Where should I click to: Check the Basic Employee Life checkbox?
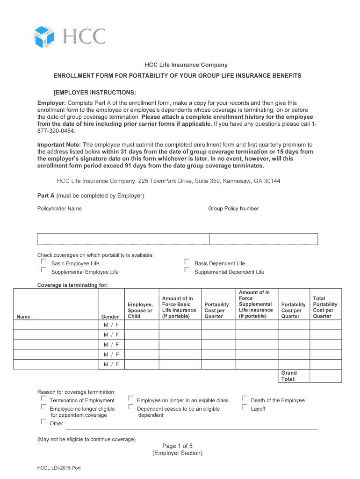click(x=43, y=262)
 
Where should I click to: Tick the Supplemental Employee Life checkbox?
click(x=43, y=270)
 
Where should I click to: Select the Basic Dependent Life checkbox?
click(x=187, y=262)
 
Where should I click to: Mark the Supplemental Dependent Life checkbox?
click(x=187, y=270)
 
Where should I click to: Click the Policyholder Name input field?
click(x=123, y=239)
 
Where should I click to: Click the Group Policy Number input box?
click(x=263, y=239)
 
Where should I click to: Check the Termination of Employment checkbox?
click(x=43, y=399)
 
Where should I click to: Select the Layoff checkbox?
click(x=245, y=407)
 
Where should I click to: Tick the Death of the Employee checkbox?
click(x=245, y=399)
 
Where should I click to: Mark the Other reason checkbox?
click(x=43, y=421)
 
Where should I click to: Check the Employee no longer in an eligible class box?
click(x=131, y=399)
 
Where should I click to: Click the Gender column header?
click(x=110, y=317)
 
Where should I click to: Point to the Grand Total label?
click(x=288, y=376)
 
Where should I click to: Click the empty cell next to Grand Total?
click(x=325, y=376)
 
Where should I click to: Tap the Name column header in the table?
click(x=23, y=317)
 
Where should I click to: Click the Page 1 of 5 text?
click(x=177, y=446)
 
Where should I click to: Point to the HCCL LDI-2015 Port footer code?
click(x=59, y=468)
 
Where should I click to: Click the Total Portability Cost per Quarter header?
click(x=325, y=307)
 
